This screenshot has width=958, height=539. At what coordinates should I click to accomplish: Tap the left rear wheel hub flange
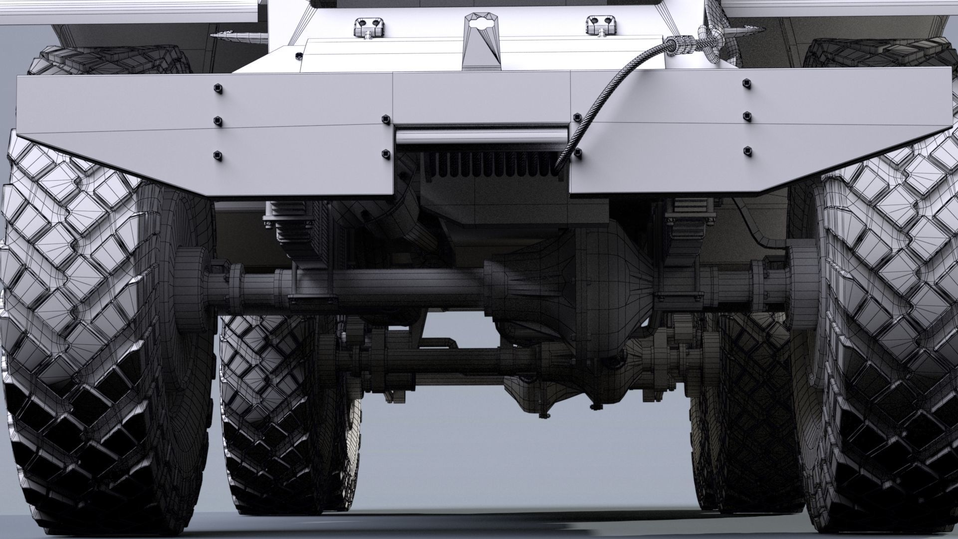click(x=192, y=289)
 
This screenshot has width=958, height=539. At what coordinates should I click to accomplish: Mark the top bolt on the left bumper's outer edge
click(x=218, y=89)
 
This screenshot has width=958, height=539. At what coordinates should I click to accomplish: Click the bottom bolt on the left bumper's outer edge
click(x=218, y=155)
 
